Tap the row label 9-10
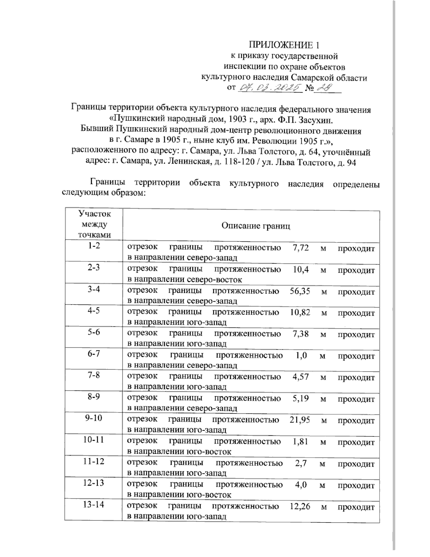[94, 418]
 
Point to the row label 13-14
[94, 505]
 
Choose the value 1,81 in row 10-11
[300, 442]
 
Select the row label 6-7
[94, 354]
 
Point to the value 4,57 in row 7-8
[300, 377]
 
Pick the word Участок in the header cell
[94, 214]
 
